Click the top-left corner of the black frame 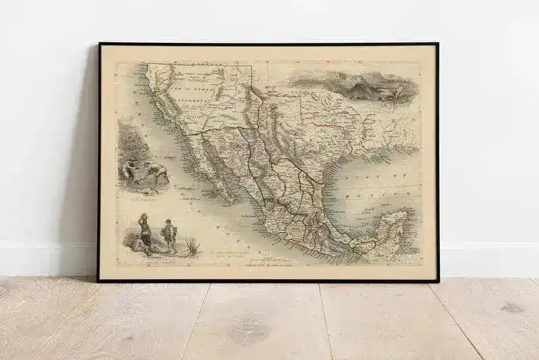[99, 44]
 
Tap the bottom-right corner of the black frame [438, 280]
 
